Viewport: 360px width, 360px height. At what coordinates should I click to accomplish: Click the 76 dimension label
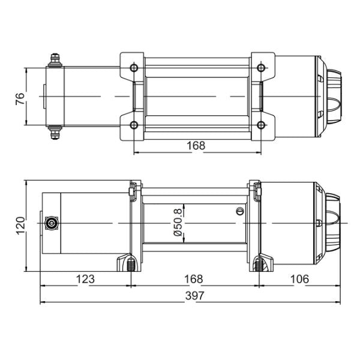pos(20,98)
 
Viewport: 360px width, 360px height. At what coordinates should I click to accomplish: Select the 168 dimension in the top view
pos(196,145)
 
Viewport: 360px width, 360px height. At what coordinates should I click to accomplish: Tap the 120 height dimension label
pos(20,226)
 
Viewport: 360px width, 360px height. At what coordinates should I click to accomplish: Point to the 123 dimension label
pos(85,279)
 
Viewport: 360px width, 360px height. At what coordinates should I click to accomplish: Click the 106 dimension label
pos(299,279)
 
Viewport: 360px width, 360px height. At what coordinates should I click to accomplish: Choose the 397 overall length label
pos(194,296)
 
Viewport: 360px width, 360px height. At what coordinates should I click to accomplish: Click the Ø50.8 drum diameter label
pos(178,223)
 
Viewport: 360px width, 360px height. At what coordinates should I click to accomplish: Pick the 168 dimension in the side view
pos(194,279)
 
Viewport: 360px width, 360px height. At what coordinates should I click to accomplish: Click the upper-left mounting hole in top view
pos(134,68)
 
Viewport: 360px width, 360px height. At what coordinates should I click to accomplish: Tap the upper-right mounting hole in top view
pos(261,68)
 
